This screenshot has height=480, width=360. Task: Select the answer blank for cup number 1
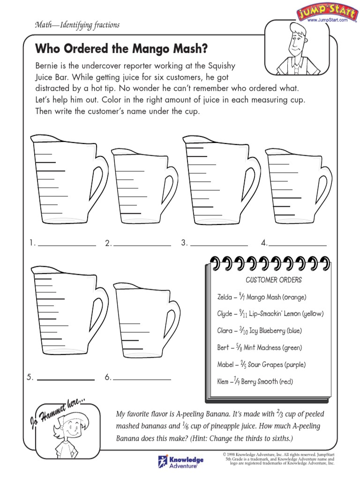pos(67,244)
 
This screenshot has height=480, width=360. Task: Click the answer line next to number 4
pos(297,244)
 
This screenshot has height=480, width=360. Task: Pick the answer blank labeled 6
pos(142,378)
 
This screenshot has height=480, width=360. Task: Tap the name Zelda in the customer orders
pos(225,297)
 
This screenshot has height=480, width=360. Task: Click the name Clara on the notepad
pos(225,330)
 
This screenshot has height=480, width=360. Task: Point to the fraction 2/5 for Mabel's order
pos(244,365)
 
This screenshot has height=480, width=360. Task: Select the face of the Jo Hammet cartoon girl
pos(72,427)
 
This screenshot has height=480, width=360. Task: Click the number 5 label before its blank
pos(30,377)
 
